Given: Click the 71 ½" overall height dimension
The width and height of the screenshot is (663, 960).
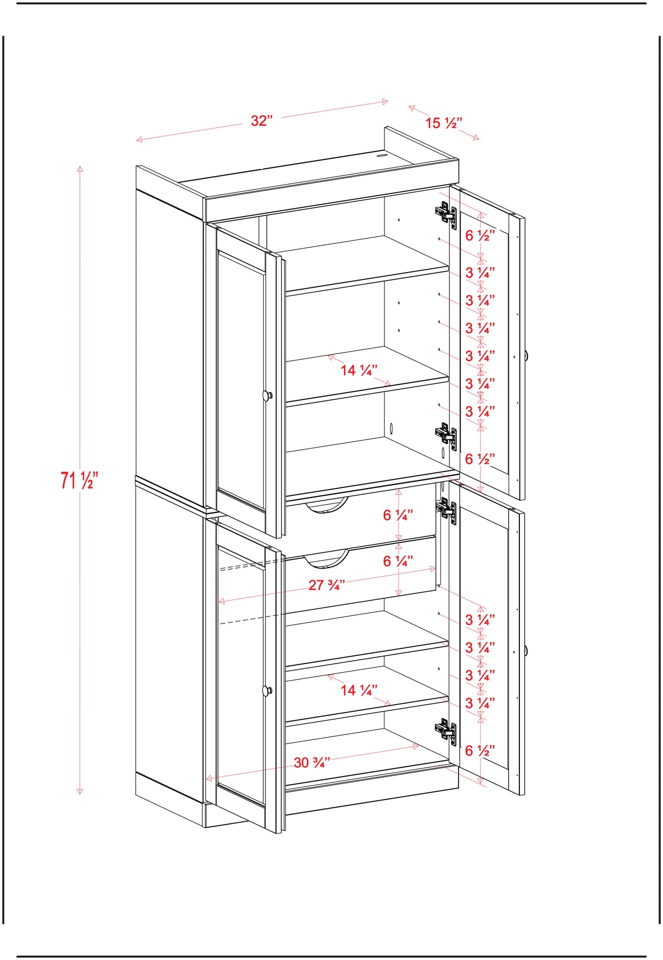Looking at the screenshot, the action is pos(79,480).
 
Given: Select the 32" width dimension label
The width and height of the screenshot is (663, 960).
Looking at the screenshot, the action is pos(262,121).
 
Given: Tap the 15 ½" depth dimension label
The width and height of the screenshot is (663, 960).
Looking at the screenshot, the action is pos(444,123).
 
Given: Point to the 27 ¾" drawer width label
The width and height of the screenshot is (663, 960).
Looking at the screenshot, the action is pos(327,585).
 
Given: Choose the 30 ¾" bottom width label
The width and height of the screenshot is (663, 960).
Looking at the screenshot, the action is pos(312,763).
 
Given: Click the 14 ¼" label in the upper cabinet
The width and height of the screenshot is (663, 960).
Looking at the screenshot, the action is pos(359,370).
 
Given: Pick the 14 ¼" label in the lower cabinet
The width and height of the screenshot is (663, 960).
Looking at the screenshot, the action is pos(359,690).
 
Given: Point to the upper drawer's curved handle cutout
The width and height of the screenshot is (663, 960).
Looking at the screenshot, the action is pos(326,506).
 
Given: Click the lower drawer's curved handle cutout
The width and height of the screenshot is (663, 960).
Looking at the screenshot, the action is pos(326,558).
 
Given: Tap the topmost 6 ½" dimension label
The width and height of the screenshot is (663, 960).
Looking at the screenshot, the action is pos(480,236).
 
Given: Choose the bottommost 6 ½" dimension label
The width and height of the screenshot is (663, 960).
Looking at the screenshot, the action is pos(480,751).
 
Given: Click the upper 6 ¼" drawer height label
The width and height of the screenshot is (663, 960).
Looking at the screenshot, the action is pos(398,515).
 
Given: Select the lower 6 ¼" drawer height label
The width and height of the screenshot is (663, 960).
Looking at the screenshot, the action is pos(398,561).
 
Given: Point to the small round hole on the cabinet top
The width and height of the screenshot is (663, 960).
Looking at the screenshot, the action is pos(382,156).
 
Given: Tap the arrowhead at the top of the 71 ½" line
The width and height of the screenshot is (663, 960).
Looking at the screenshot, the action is pos(80,169).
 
